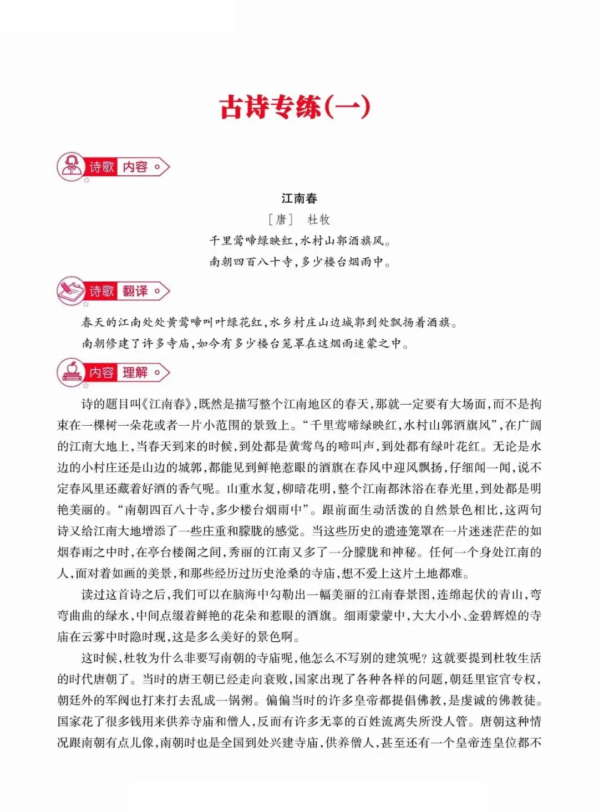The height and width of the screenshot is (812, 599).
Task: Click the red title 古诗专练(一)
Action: click(x=295, y=106)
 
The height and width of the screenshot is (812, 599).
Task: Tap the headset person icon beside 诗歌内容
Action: click(x=70, y=166)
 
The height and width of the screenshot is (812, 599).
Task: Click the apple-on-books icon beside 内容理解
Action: click(x=71, y=372)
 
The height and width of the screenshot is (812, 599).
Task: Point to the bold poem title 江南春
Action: click(x=299, y=198)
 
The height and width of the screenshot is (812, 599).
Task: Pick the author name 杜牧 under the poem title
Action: click(x=319, y=219)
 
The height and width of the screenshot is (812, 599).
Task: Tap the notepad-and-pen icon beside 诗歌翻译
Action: click(x=70, y=291)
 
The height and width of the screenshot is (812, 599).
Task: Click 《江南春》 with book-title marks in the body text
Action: click(x=170, y=404)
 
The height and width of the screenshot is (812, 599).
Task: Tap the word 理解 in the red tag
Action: click(x=135, y=372)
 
